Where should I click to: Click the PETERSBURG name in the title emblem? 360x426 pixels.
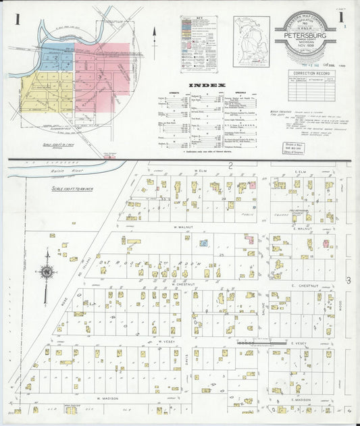coord(305,38)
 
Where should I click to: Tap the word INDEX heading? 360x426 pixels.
coord(202,85)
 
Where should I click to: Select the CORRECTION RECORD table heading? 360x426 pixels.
coord(311,71)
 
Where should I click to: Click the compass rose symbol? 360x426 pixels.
coord(47,271)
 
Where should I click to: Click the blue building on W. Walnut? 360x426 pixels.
coord(203,242)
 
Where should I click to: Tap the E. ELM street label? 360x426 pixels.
coord(301,172)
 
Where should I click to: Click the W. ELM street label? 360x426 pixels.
coord(199,172)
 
